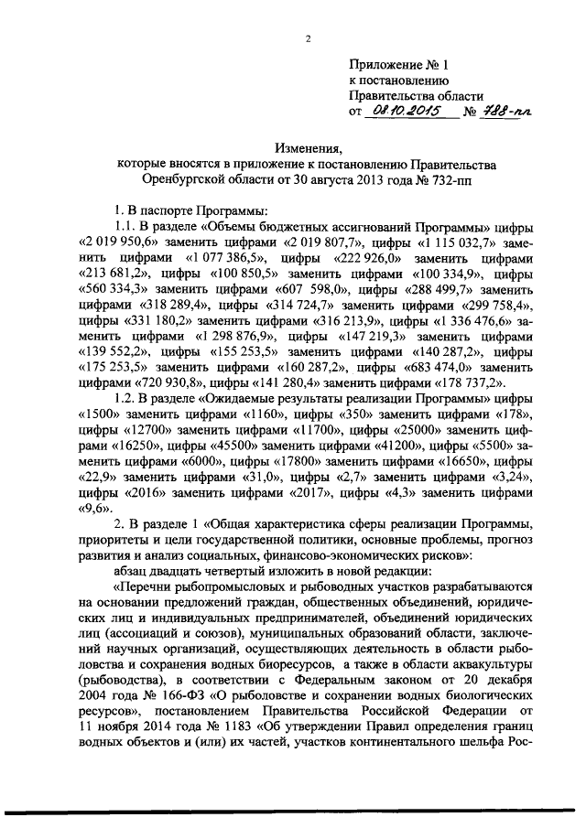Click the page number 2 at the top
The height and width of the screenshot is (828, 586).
coord(309,38)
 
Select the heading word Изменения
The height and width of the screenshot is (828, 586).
coord(309,147)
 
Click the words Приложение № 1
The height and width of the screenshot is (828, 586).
coord(400,64)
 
